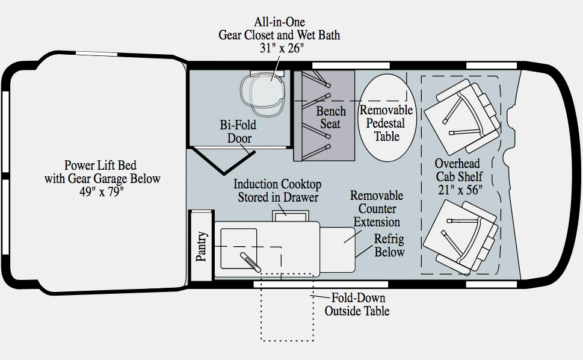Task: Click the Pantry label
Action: (202, 246)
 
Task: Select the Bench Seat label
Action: (331, 117)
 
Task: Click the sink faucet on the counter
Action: (250, 262)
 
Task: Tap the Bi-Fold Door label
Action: (238, 132)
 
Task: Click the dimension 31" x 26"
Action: (279, 48)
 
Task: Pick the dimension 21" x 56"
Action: (460, 191)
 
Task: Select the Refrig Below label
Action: (389, 245)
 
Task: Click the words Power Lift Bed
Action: (100, 165)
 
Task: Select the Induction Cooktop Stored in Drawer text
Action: (277, 190)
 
